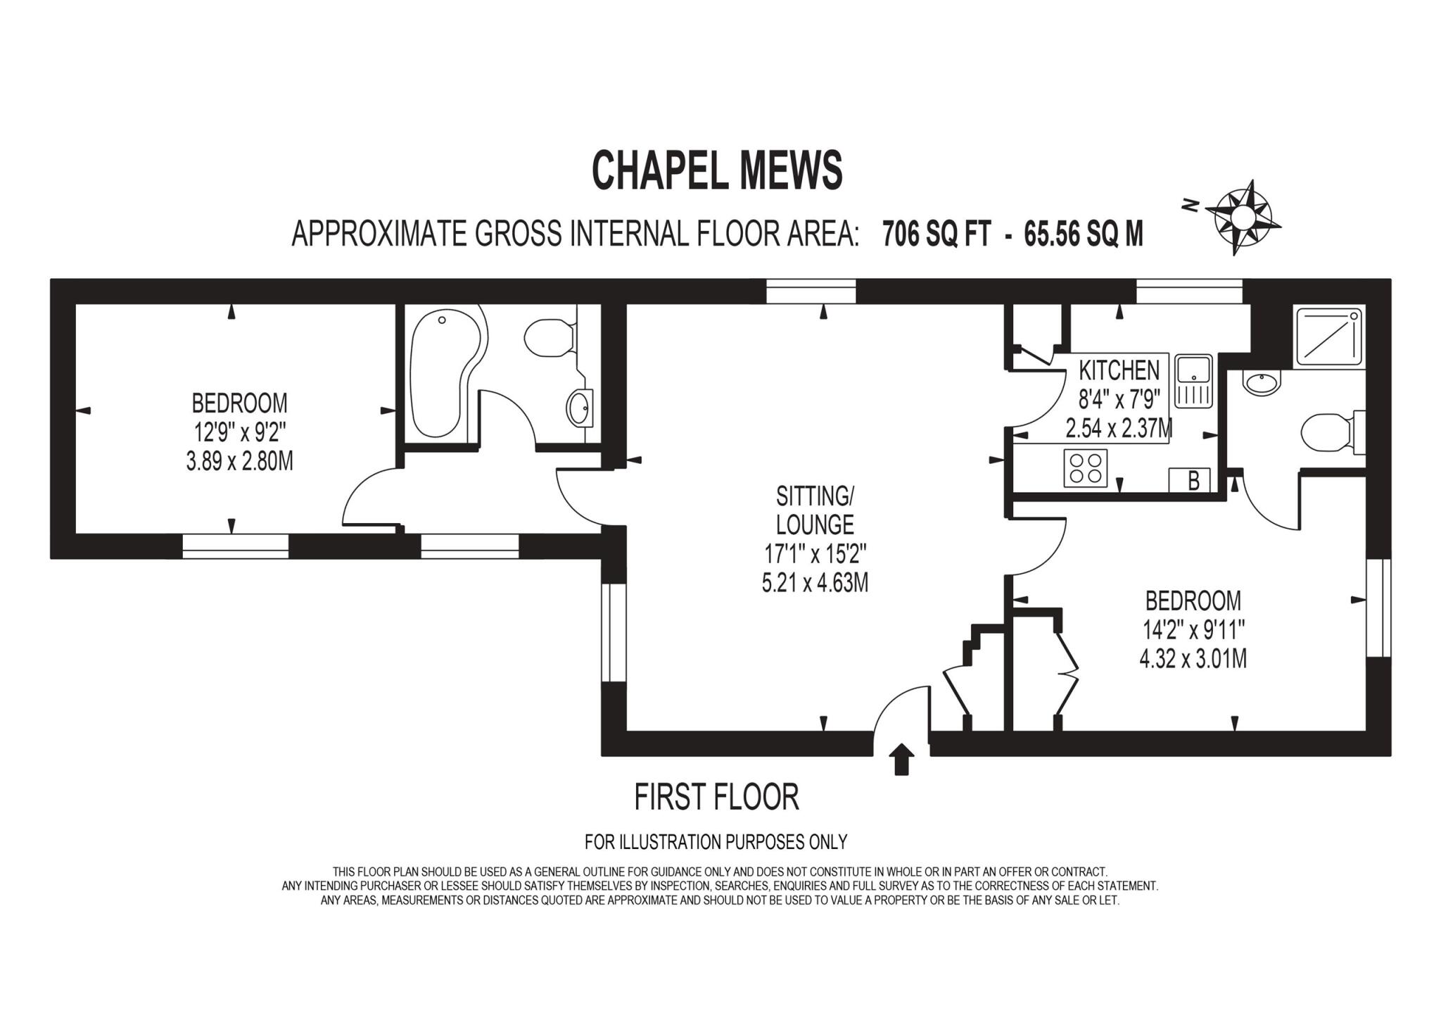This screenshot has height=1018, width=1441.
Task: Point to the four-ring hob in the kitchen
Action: pyautogui.click(x=1084, y=468)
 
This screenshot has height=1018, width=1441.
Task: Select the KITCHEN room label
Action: pyautogui.click(x=1119, y=370)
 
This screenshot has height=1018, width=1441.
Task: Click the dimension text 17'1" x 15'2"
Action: pyautogui.click(x=815, y=555)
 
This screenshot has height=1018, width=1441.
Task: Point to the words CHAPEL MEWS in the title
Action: pyautogui.click(x=717, y=170)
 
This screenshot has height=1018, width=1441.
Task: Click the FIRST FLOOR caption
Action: pyautogui.click(x=716, y=798)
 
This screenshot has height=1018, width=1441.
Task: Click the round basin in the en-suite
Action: pyautogui.click(x=1261, y=383)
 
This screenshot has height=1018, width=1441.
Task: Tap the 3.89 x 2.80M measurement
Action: pyautogui.click(x=239, y=461)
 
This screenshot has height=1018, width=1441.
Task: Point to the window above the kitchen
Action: pyautogui.click(x=1189, y=291)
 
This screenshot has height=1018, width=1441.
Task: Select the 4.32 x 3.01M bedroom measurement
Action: pyautogui.click(x=1193, y=659)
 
